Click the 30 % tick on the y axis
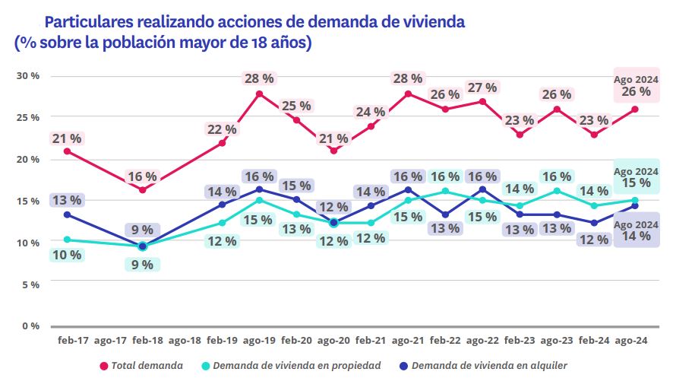pos(29,76)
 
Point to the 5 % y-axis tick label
pos(32,284)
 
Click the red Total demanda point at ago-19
pos(259,94)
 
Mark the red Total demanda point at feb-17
pos(67,151)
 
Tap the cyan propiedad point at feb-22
pos(445,191)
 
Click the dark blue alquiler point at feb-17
pos(67,214)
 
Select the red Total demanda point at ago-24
pos(635,109)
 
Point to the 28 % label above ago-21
pos(408,78)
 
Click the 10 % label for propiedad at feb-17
pos(66,255)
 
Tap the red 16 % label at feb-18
pos(142,176)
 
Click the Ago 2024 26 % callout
pos(636,85)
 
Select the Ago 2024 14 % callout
pos(636,230)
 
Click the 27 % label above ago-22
pos(482,87)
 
